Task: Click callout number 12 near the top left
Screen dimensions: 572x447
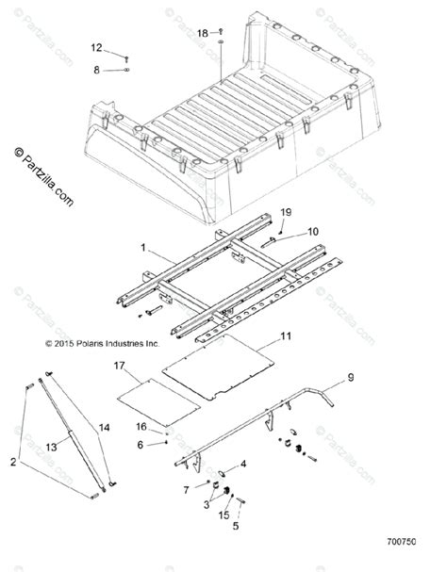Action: coord(96,47)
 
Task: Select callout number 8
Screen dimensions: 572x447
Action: coord(96,69)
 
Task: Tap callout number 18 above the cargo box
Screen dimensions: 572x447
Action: coord(202,33)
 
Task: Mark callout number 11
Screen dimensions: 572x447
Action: coord(287,335)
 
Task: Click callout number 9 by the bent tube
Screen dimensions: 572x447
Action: coord(350,378)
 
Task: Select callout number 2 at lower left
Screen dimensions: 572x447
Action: coord(13,462)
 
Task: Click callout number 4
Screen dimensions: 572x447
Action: coord(243,464)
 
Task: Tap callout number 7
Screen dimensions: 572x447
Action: coord(187,490)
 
